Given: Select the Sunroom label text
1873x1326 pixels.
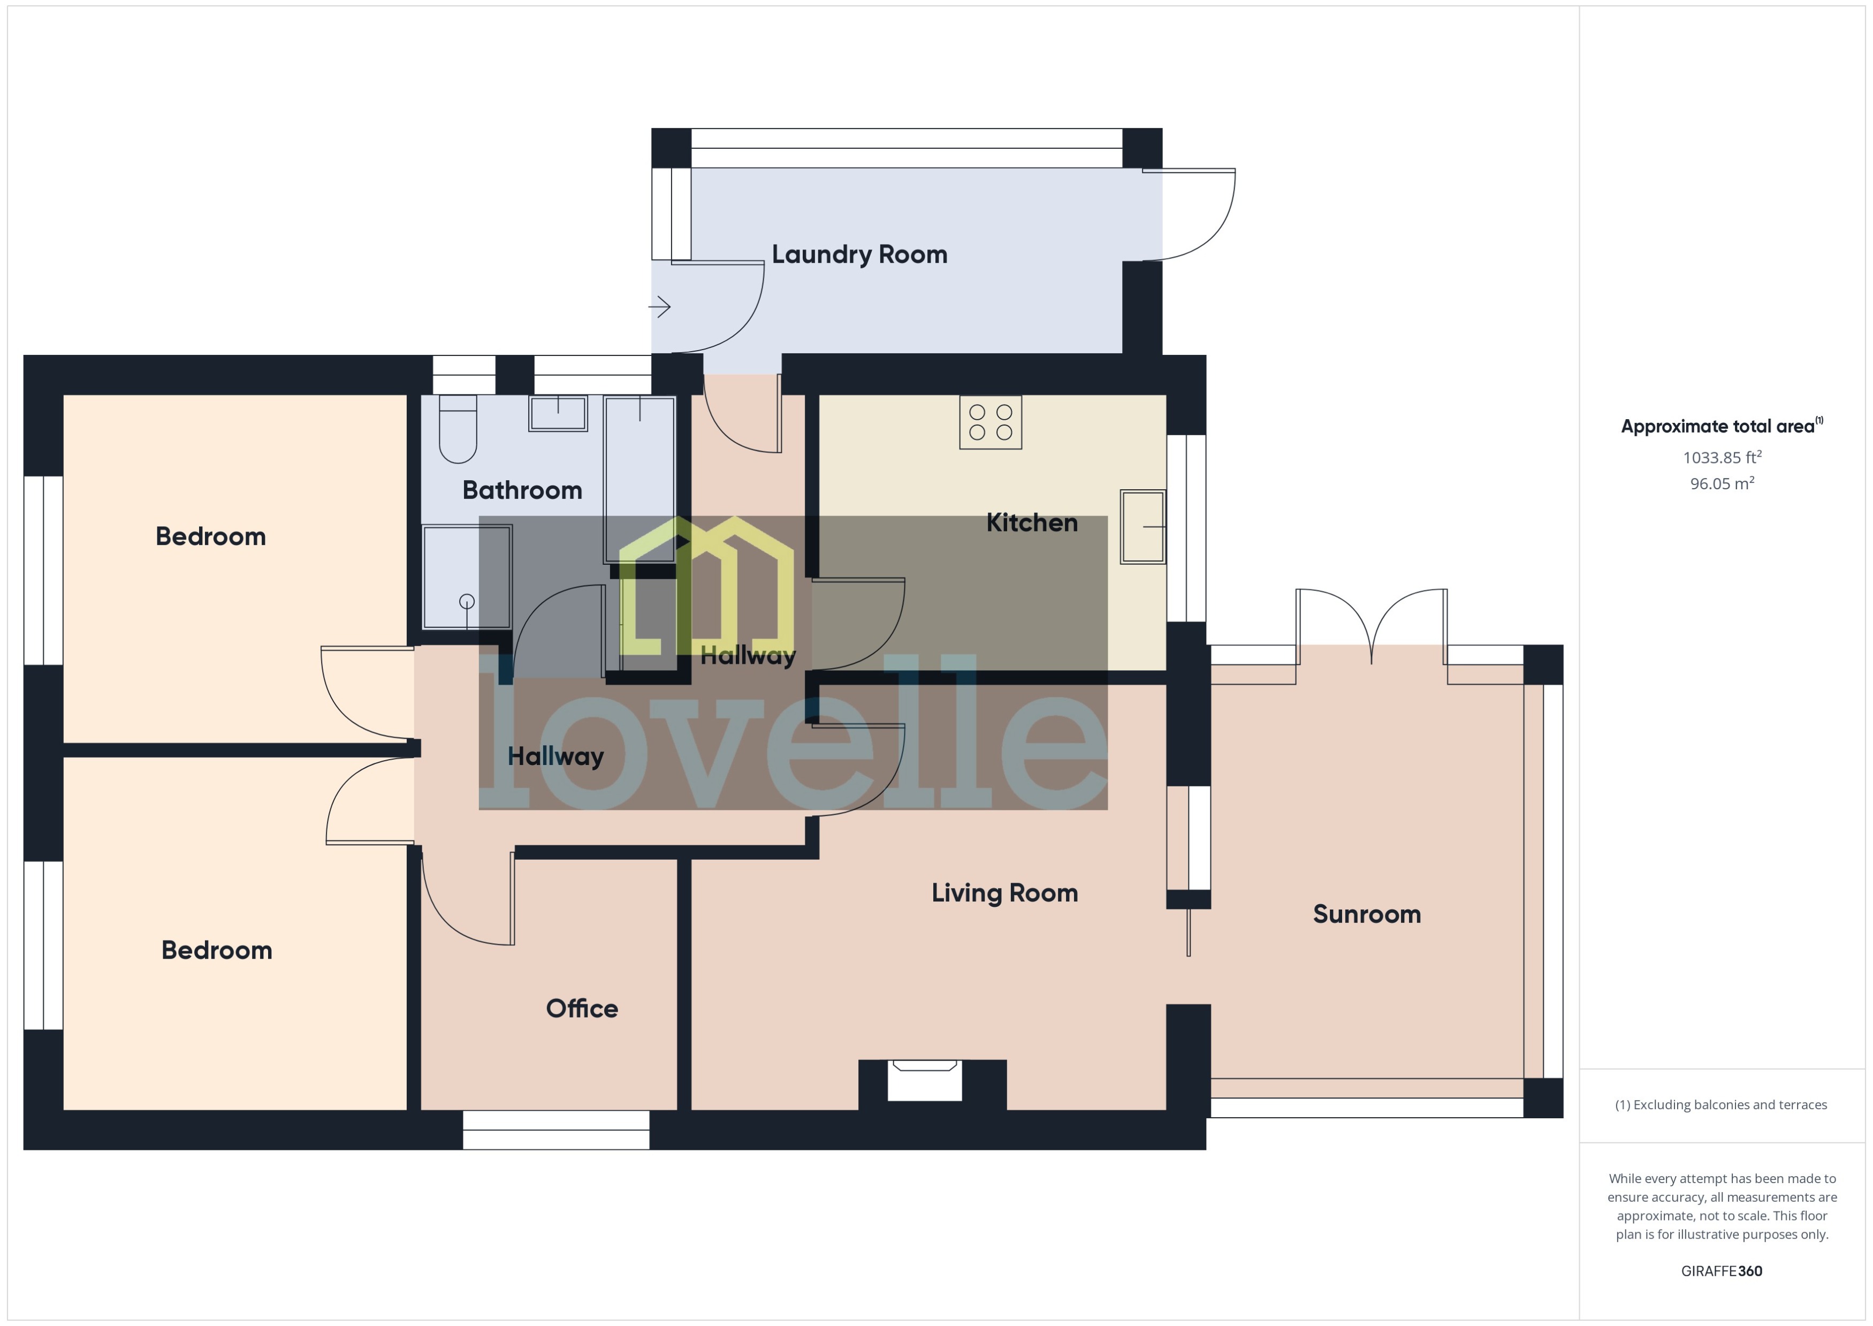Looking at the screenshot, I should click(1366, 914).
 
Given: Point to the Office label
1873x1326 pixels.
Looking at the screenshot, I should click(582, 1009).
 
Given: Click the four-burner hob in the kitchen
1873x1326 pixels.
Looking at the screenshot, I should click(990, 422).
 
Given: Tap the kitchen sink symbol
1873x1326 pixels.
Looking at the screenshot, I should click(1142, 527).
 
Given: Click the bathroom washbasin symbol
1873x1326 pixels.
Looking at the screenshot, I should click(558, 413).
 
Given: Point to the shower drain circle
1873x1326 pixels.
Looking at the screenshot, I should click(467, 602).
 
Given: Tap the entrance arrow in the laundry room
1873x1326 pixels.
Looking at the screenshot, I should click(659, 307).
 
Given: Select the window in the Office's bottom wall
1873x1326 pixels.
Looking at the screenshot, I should click(556, 1130).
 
